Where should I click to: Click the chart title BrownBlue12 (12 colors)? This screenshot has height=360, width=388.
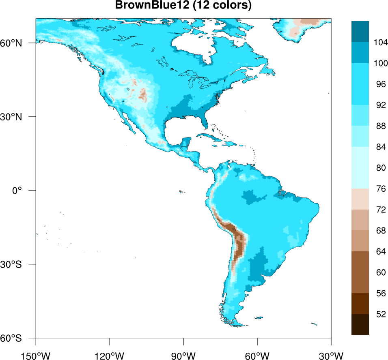(x=183, y=6)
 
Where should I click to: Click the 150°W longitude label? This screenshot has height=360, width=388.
(x=36, y=356)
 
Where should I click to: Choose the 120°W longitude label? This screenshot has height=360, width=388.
(x=110, y=356)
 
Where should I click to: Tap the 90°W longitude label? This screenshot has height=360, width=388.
(x=183, y=356)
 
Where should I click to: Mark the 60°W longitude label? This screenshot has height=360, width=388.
(x=257, y=356)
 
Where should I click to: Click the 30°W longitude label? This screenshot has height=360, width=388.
(x=331, y=356)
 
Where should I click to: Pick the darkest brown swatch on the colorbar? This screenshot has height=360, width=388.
(x=360, y=324)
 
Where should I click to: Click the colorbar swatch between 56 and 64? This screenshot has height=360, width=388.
(x=360, y=272)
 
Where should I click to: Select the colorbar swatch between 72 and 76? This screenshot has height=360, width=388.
(x=360, y=199)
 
